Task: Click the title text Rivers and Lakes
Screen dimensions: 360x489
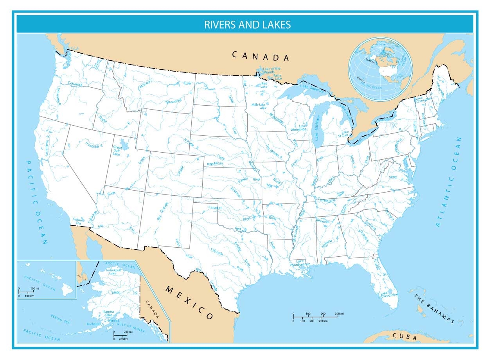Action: click(247, 25)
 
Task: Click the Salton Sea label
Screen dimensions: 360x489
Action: click(78, 221)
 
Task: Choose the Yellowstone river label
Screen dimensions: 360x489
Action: click(173, 101)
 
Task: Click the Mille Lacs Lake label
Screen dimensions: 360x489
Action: click(259, 106)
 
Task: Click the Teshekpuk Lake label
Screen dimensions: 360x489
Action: click(113, 272)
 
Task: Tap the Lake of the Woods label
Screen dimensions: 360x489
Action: click(271, 70)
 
